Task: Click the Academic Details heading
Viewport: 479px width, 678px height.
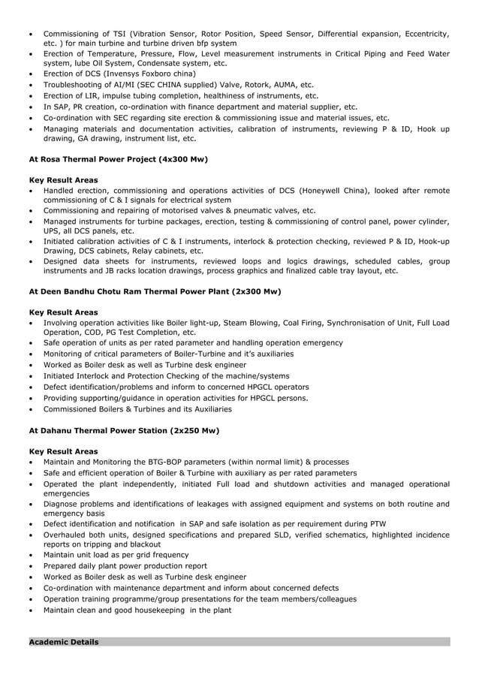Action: coord(63,642)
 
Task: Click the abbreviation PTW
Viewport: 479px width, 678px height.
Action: coord(378,523)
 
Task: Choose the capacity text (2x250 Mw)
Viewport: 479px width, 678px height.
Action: coord(194,432)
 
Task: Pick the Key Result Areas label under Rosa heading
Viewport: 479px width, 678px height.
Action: coord(63,181)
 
